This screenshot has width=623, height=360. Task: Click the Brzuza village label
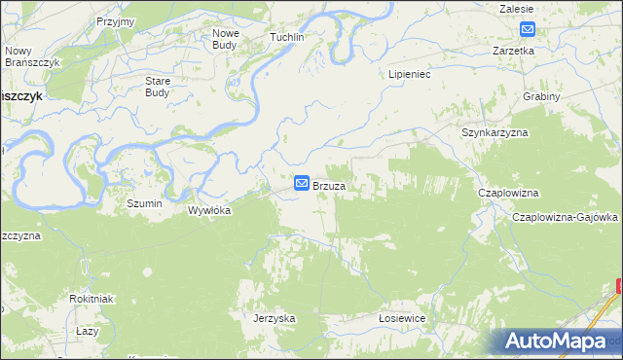click(331, 185)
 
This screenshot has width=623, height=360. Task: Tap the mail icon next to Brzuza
click(302, 183)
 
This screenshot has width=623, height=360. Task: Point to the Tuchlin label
click(287, 37)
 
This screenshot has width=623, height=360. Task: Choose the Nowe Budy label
click(226, 39)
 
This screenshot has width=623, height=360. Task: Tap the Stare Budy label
click(158, 87)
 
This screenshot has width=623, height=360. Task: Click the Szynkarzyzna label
click(494, 131)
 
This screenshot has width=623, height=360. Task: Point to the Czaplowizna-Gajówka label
click(566, 217)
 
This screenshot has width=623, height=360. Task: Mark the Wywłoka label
click(209, 209)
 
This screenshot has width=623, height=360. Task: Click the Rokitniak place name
click(92, 299)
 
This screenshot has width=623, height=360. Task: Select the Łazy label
click(88, 332)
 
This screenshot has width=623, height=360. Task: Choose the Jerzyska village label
click(274, 318)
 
